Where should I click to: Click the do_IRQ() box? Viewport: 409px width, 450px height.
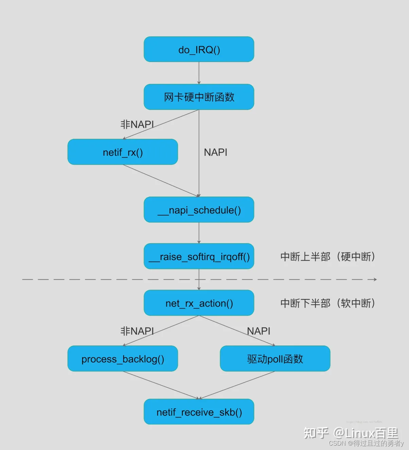click(x=199, y=50)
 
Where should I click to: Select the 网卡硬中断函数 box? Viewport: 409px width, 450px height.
click(x=199, y=97)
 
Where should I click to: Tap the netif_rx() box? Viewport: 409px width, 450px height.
click(x=123, y=152)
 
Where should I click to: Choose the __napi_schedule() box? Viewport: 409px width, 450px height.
click(x=199, y=210)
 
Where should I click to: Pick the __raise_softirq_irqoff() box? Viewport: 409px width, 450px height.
click(x=199, y=257)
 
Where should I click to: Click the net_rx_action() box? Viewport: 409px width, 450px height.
click(x=199, y=303)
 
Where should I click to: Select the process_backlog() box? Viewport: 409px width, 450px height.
click(x=123, y=359)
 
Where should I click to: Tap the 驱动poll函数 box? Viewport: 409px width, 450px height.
click(x=275, y=359)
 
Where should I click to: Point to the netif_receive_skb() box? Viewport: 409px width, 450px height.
click(x=199, y=412)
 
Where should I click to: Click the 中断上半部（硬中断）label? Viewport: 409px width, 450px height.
click(x=327, y=257)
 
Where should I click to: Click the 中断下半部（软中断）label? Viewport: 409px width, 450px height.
click(x=327, y=303)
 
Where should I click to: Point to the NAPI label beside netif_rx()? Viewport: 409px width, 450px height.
click(x=215, y=152)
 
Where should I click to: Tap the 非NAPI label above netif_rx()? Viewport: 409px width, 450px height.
click(x=137, y=124)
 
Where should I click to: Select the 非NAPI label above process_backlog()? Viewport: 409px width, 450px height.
click(x=137, y=331)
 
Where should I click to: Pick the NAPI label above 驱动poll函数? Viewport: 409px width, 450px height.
click(x=259, y=331)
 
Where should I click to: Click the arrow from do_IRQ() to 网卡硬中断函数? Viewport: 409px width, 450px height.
click(x=199, y=73)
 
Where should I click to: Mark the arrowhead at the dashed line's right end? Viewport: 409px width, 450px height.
click(x=375, y=279)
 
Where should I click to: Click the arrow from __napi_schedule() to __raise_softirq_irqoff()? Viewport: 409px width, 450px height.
click(x=199, y=233)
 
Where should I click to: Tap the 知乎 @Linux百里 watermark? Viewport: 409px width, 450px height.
click(x=351, y=433)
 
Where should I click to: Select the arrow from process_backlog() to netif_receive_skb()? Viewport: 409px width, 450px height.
click(x=161, y=385)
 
